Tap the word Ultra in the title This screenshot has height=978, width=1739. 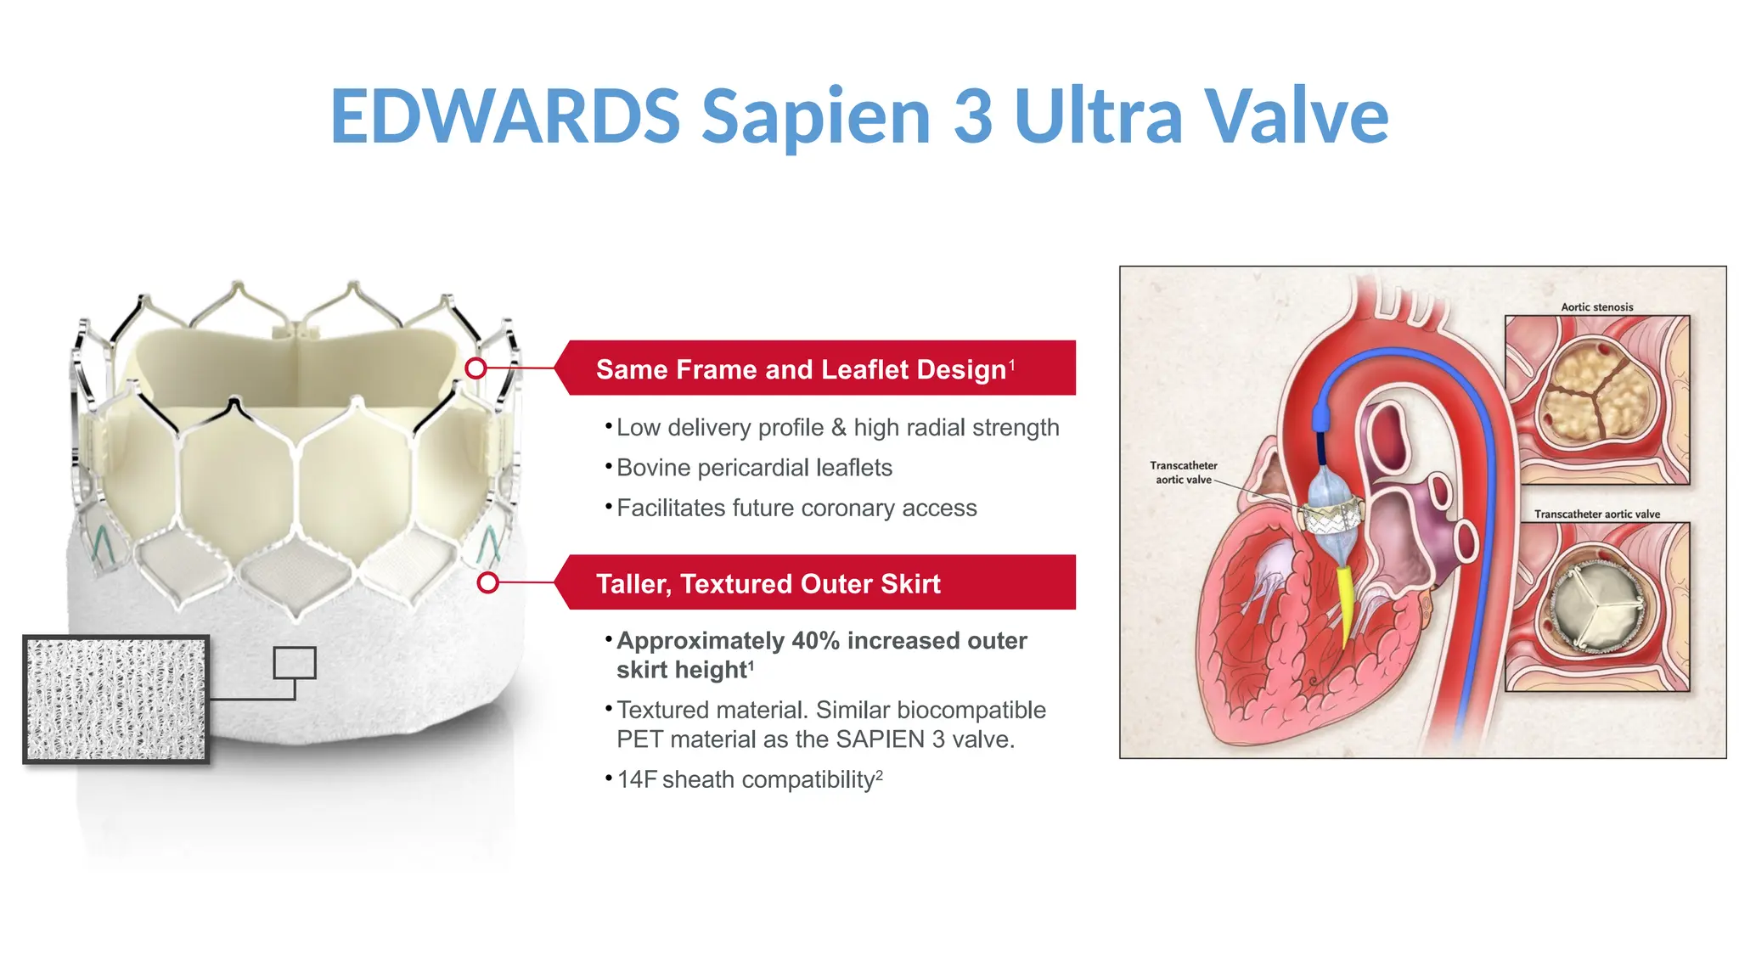(1098, 116)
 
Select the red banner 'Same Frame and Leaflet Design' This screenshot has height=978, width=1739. (815, 368)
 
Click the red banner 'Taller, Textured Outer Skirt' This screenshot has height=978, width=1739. (815, 583)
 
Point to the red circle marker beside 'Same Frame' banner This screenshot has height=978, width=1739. (476, 368)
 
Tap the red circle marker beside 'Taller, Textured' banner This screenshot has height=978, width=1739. (487, 582)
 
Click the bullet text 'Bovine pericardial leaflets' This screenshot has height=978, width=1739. (754, 468)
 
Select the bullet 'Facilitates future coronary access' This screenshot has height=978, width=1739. (796, 508)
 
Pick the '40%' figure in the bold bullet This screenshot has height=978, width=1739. (815, 641)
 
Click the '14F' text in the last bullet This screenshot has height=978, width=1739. (637, 779)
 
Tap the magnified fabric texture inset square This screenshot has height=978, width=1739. (116, 700)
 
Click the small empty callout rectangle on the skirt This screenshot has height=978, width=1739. (295, 662)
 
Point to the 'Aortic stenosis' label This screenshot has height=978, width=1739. (1596, 307)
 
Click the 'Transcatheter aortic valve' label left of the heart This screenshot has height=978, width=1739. (1183, 473)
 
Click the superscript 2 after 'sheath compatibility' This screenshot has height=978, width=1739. (880, 775)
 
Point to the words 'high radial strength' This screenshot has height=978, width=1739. (956, 428)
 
